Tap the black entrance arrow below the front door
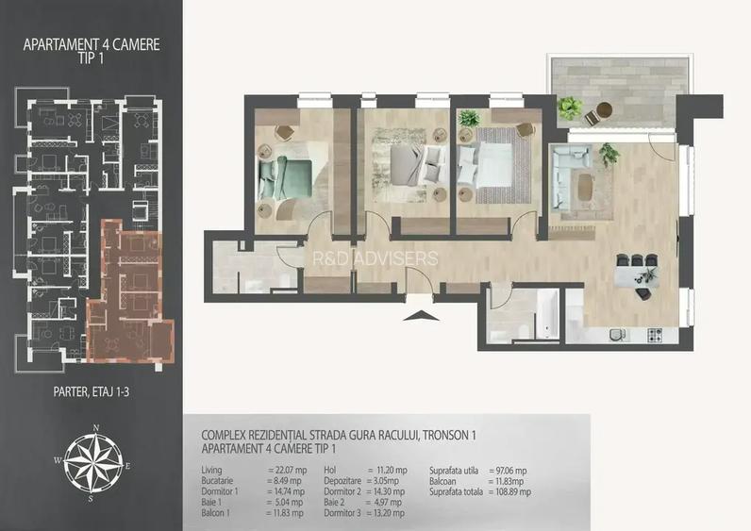(x=416, y=315)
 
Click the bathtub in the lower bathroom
(x=548, y=314)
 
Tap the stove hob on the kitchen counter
(x=652, y=335)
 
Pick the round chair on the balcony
(x=593, y=117)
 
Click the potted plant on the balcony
(x=569, y=107)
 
